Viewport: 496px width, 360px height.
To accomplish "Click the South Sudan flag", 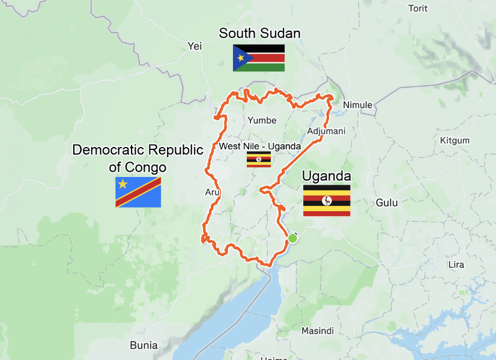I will [259, 58].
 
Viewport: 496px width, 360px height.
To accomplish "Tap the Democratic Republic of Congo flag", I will [138, 192].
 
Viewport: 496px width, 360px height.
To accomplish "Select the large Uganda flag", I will [327, 200].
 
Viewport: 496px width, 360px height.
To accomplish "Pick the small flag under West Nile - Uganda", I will [259, 160].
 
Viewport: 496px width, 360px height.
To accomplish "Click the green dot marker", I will [292, 238].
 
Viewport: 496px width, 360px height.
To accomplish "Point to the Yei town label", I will [195, 46].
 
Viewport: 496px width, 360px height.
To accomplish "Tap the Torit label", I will [418, 8].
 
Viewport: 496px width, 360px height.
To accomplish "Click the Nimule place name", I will [357, 105].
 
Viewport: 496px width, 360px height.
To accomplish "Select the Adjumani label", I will [326, 131].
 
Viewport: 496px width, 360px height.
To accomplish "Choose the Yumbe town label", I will [262, 120].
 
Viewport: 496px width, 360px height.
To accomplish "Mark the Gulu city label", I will [387, 203].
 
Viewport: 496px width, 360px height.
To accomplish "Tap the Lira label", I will [456, 265].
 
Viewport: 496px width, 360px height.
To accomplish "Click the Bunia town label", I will [144, 345].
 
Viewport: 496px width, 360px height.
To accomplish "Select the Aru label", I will [213, 192].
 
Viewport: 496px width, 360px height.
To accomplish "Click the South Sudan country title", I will [259, 33].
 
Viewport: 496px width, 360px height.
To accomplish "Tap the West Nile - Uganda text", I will [260, 146].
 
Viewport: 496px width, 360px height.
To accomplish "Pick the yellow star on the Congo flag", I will [123, 184].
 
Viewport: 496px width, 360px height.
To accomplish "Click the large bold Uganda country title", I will [326, 176].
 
